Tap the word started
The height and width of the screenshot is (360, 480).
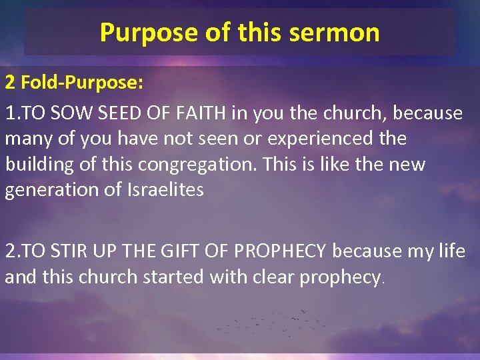click(x=174, y=277)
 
